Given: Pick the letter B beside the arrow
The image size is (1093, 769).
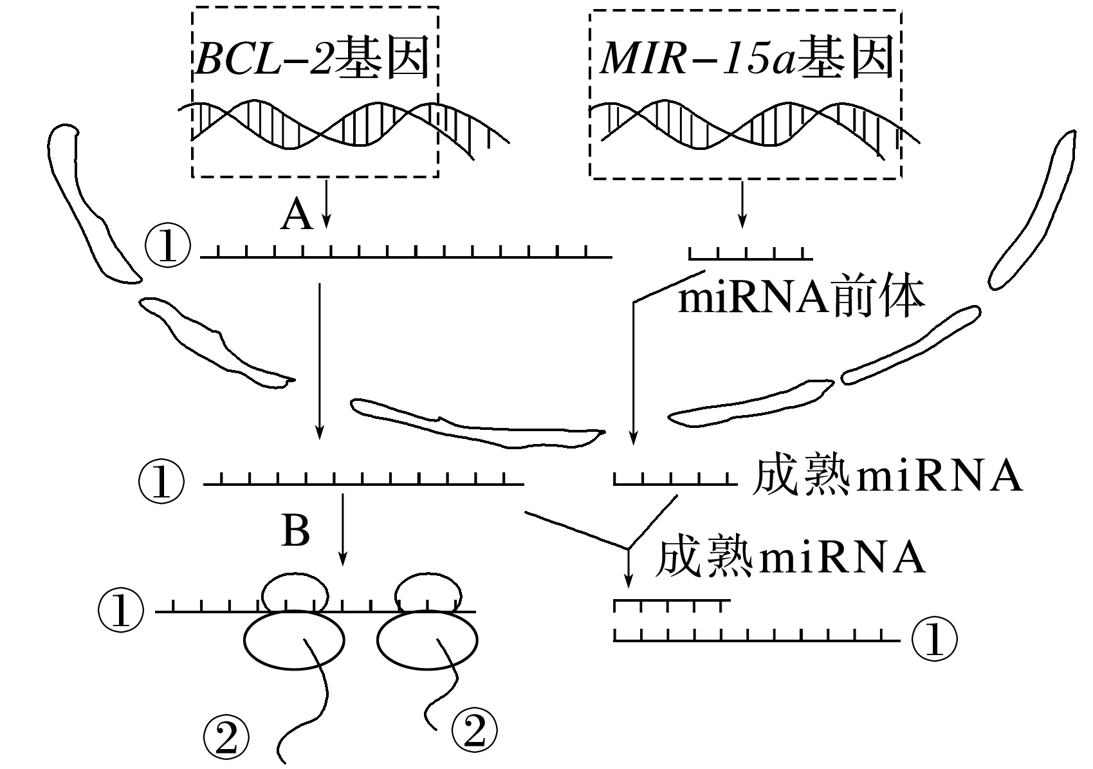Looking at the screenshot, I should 295,532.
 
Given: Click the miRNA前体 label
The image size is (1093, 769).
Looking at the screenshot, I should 802,297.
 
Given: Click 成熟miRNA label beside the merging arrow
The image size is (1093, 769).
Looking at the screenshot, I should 790,557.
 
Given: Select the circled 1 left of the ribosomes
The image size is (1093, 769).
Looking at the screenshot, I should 120,611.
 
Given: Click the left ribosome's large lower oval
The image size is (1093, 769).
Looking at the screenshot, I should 294,640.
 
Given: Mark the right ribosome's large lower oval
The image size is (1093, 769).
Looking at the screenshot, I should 427,640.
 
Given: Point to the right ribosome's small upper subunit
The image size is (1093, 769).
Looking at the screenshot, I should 428,593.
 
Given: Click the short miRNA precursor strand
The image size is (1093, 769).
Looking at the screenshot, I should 750,255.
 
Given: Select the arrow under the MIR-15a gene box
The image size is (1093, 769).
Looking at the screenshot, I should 743,204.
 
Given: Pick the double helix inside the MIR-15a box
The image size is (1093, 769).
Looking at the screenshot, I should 746,126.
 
